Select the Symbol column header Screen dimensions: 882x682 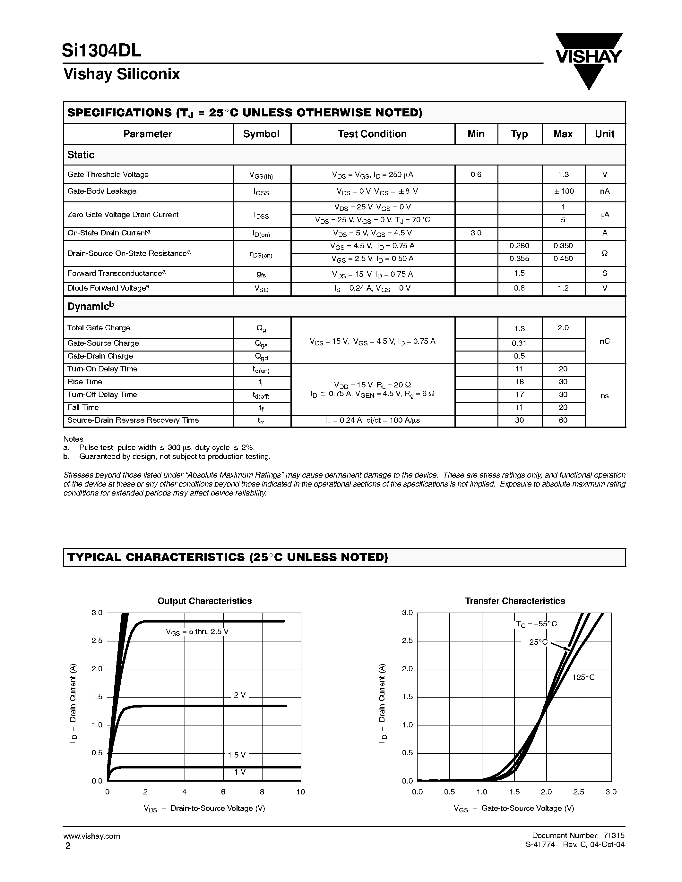click(x=261, y=134)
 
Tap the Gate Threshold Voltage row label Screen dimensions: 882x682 click(x=108, y=174)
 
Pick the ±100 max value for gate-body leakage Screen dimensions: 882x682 click(x=563, y=191)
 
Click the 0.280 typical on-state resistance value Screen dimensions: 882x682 click(x=519, y=246)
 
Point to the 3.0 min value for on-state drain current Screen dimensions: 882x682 click(x=476, y=233)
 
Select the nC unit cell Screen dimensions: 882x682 click(x=604, y=341)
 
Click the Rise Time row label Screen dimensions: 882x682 click(x=85, y=382)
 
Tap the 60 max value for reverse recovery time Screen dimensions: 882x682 click(x=563, y=420)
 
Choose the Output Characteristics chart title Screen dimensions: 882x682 click(x=204, y=601)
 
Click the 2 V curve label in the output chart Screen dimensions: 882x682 click(x=240, y=695)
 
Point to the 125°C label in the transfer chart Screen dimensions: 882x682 click(x=583, y=678)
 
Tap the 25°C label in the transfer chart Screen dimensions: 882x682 click(x=539, y=642)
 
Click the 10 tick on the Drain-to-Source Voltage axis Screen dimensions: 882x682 click(x=301, y=792)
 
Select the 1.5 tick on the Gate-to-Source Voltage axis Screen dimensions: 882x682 click(x=514, y=792)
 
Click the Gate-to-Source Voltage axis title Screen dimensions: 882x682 click(x=514, y=808)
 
